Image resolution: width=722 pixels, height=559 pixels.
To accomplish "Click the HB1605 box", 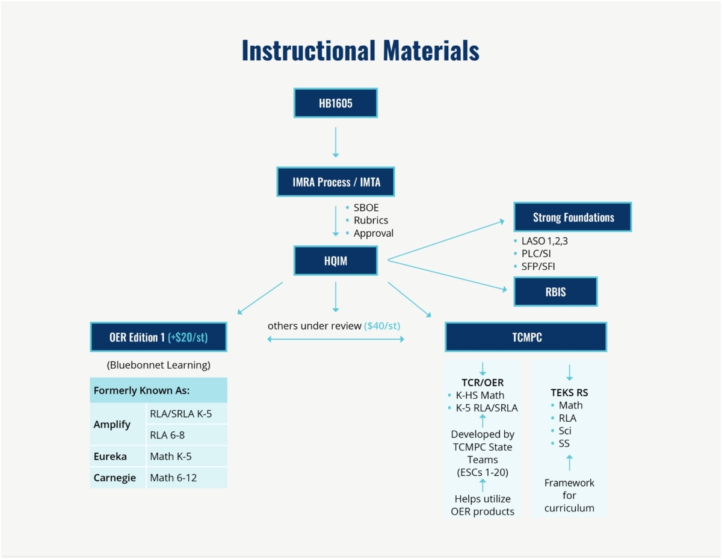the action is pos(335,103).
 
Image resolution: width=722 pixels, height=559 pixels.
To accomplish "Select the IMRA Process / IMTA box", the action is pos(335,181).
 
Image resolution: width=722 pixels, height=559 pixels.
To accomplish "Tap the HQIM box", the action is pos(335,260).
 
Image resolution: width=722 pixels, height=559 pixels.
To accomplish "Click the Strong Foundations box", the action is pos(572,217).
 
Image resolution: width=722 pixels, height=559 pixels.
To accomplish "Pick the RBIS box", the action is pos(555,292).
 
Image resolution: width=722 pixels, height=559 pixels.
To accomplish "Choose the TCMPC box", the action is pos(526,337).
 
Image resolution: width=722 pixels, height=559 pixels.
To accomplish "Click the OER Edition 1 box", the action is pos(158,337).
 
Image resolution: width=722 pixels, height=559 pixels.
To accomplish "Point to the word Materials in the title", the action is pos(431,51).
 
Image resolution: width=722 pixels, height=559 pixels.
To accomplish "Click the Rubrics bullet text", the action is pos(371,220).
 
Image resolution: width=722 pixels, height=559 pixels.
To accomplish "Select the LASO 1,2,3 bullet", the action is pos(545,241).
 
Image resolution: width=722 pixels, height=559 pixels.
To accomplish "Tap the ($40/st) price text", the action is pos(382,325).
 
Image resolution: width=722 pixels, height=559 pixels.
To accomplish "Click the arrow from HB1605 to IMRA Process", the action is pos(335,142).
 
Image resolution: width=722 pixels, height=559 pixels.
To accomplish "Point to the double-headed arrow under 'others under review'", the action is pos(335,339).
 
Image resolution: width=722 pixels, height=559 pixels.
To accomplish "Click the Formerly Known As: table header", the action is pos(158,390).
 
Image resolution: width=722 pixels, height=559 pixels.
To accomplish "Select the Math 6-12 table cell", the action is pos(187,478).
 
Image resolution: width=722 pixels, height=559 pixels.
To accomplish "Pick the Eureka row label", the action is pos(110,456).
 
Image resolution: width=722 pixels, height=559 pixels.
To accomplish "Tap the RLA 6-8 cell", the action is pos(187,435).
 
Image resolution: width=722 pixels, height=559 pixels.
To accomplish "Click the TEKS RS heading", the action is pos(569,392).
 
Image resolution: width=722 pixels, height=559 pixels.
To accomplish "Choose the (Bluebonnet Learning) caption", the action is pos(158,365).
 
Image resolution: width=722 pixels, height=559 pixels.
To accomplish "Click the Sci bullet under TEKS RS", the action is pos(564,431).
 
